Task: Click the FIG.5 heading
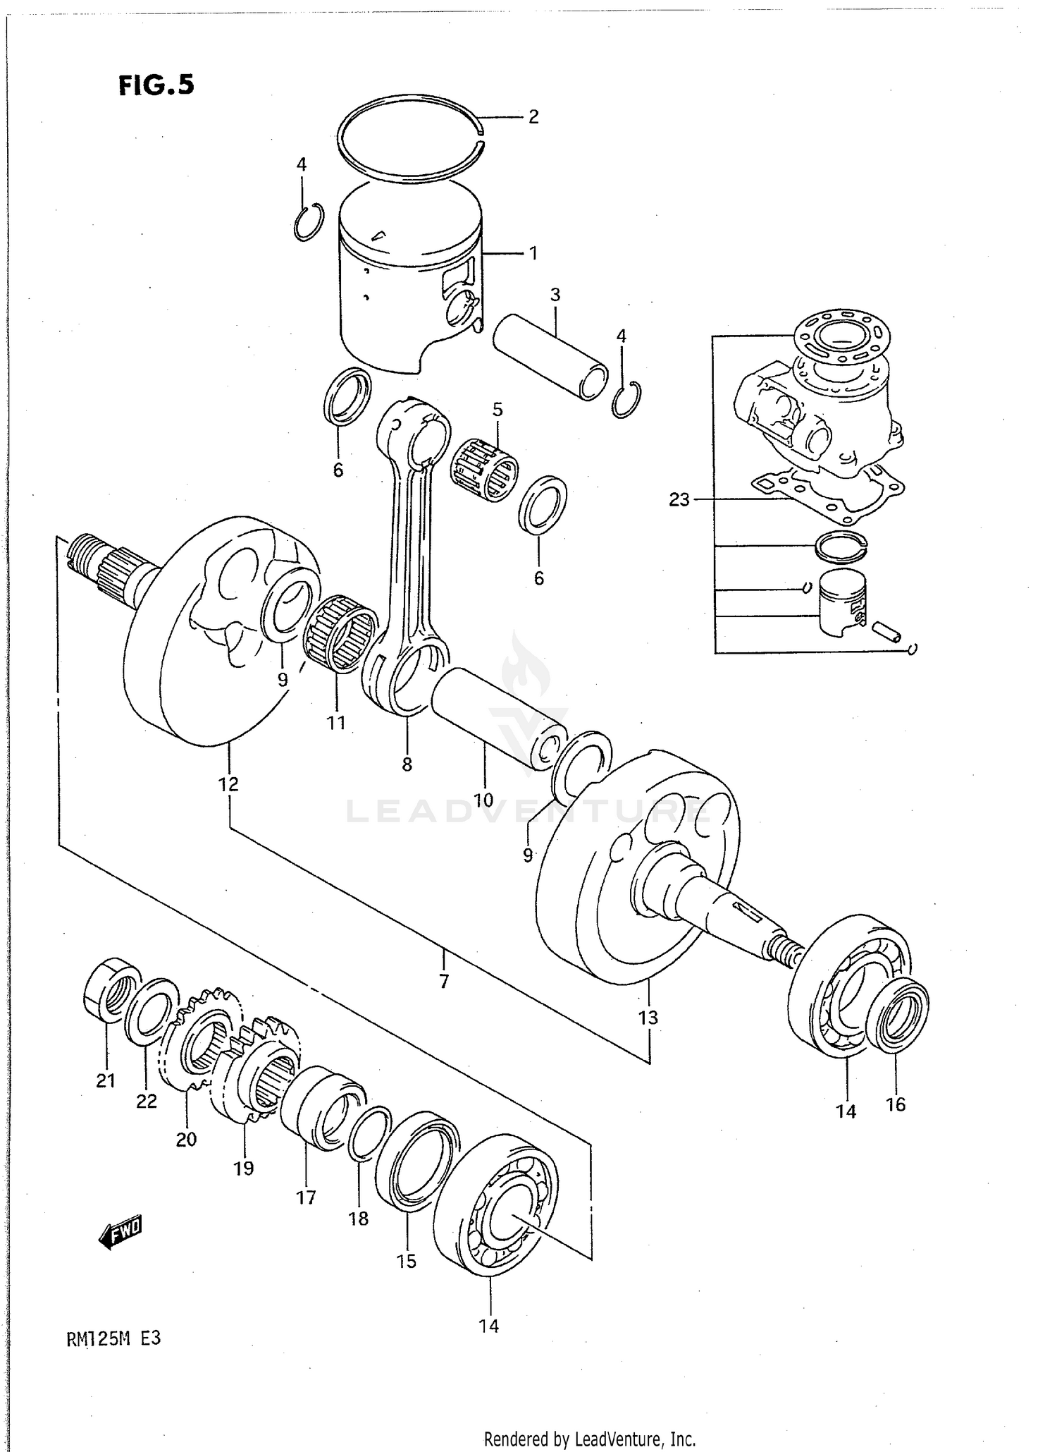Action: point(156,85)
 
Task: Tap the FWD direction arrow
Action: point(120,1232)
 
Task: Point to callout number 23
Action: point(679,500)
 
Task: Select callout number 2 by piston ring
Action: point(533,117)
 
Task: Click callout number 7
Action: point(443,981)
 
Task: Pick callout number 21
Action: point(106,1080)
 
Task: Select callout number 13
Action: point(648,1018)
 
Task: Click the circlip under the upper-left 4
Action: point(309,221)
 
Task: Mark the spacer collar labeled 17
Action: point(322,1112)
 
